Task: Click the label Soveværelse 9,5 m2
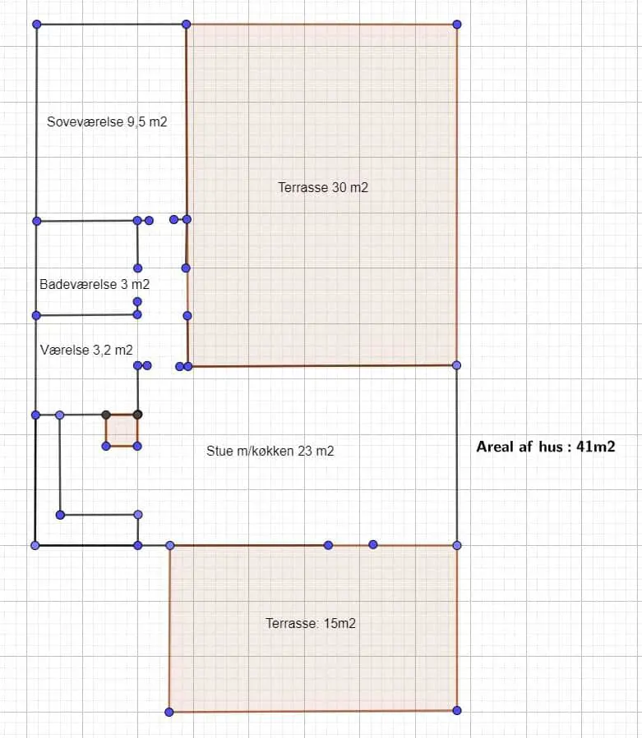[x=107, y=121]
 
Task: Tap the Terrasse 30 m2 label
[x=323, y=187]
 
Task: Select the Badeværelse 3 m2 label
[x=95, y=284]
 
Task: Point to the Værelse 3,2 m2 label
[x=86, y=351]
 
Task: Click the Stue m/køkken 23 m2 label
[x=270, y=451]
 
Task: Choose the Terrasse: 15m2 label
[x=311, y=623]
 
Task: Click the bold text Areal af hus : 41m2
[x=546, y=447]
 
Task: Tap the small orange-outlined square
[x=122, y=430]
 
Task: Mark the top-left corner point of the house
[x=37, y=24]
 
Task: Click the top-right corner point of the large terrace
[x=457, y=24]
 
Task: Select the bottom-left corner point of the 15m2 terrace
[x=169, y=712]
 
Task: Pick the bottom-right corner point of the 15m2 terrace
[x=457, y=710]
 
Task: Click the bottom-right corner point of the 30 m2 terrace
[x=456, y=365]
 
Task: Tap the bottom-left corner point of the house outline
[x=35, y=546]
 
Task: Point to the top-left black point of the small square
[x=106, y=415]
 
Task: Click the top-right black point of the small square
[x=137, y=415]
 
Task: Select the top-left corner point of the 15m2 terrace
[x=170, y=546]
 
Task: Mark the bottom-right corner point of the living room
[x=457, y=546]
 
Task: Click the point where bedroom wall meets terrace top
[x=187, y=24]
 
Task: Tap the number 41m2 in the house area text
[x=596, y=447]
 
